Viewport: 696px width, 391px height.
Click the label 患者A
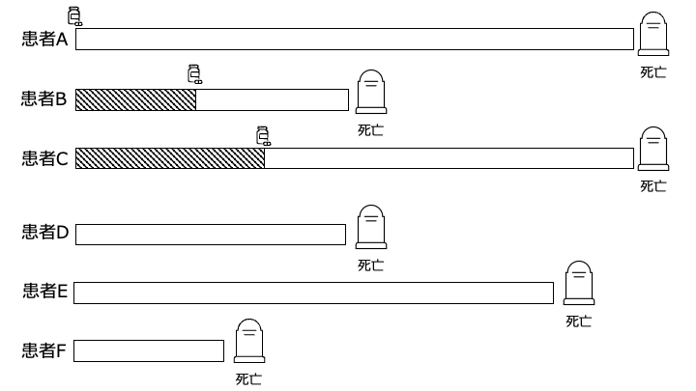pos(44,39)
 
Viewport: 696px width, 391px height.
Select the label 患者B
pos(43,98)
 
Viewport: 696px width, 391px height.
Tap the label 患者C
pos(44,158)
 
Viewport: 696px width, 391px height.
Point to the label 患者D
pos(45,233)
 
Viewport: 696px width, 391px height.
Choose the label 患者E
pos(44,292)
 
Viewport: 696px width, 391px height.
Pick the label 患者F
pos(43,350)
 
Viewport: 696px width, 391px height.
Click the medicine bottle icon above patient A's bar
pos(74,16)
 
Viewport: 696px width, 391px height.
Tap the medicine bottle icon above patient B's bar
pos(195,74)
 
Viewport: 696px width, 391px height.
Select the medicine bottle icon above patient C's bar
pos(264,136)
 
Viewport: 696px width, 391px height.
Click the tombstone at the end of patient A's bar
pos(653,34)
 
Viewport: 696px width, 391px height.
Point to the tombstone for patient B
pos(371,92)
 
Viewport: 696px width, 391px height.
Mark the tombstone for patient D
pos(371,227)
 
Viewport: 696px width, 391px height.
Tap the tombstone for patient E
pos(579,283)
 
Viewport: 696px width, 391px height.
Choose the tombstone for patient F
pos(249,341)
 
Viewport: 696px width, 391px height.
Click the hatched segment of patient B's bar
pos(136,99)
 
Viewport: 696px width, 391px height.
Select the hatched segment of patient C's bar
pos(170,158)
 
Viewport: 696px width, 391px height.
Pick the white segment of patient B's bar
pos(272,99)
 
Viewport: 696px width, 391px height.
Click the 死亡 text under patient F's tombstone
pos(248,379)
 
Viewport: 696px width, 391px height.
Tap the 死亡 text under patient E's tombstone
pos(579,321)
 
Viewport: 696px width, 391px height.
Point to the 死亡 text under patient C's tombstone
pos(653,186)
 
